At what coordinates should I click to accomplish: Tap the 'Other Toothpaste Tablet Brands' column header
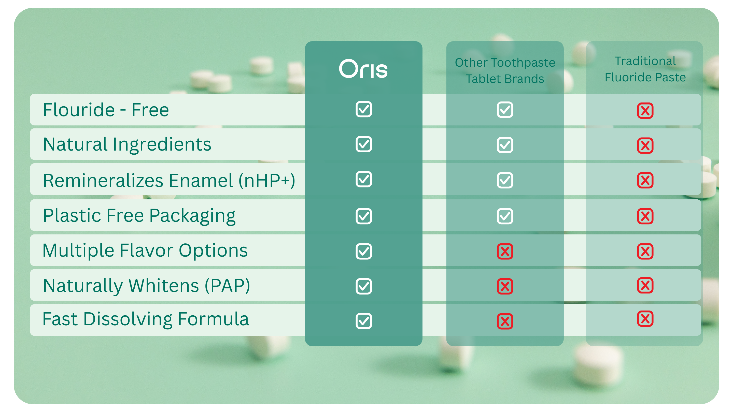pyautogui.click(x=505, y=70)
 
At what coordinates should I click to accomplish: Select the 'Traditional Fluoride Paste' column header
pyautogui.click(x=645, y=69)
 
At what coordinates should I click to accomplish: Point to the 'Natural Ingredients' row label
pyautogui.click(x=127, y=145)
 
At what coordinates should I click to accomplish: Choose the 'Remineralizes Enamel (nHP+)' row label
pyautogui.click(x=169, y=181)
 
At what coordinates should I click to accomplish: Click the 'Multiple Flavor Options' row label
pyautogui.click(x=145, y=251)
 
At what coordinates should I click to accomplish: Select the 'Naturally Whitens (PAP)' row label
pyautogui.click(x=147, y=286)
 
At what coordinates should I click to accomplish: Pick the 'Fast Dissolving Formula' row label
pyautogui.click(x=146, y=319)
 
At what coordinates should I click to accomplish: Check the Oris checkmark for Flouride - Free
pyautogui.click(x=364, y=109)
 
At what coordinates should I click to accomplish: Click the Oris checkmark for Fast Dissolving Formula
pyautogui.click(x=364, y=321)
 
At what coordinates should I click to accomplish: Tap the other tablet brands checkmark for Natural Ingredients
pyautogui.click(x=505, y=145)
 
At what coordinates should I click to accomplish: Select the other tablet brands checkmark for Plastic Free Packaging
pyautogui.click(x=505, y=216)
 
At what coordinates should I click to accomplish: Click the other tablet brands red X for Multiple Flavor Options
pyautogui.click(x=505, y=251)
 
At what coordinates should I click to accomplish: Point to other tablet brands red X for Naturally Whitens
pyautogui.click(x=505, y=286)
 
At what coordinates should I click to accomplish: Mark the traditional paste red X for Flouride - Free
pyautogui.click(x=645, y=111)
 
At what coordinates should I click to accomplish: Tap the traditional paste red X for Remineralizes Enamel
pyautogui.click(x=645, y=181)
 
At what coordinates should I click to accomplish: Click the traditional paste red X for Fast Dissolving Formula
pyautogui.click(x=645, y=319)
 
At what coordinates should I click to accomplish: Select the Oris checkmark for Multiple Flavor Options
pyautogui.click(x=364, y=251)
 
